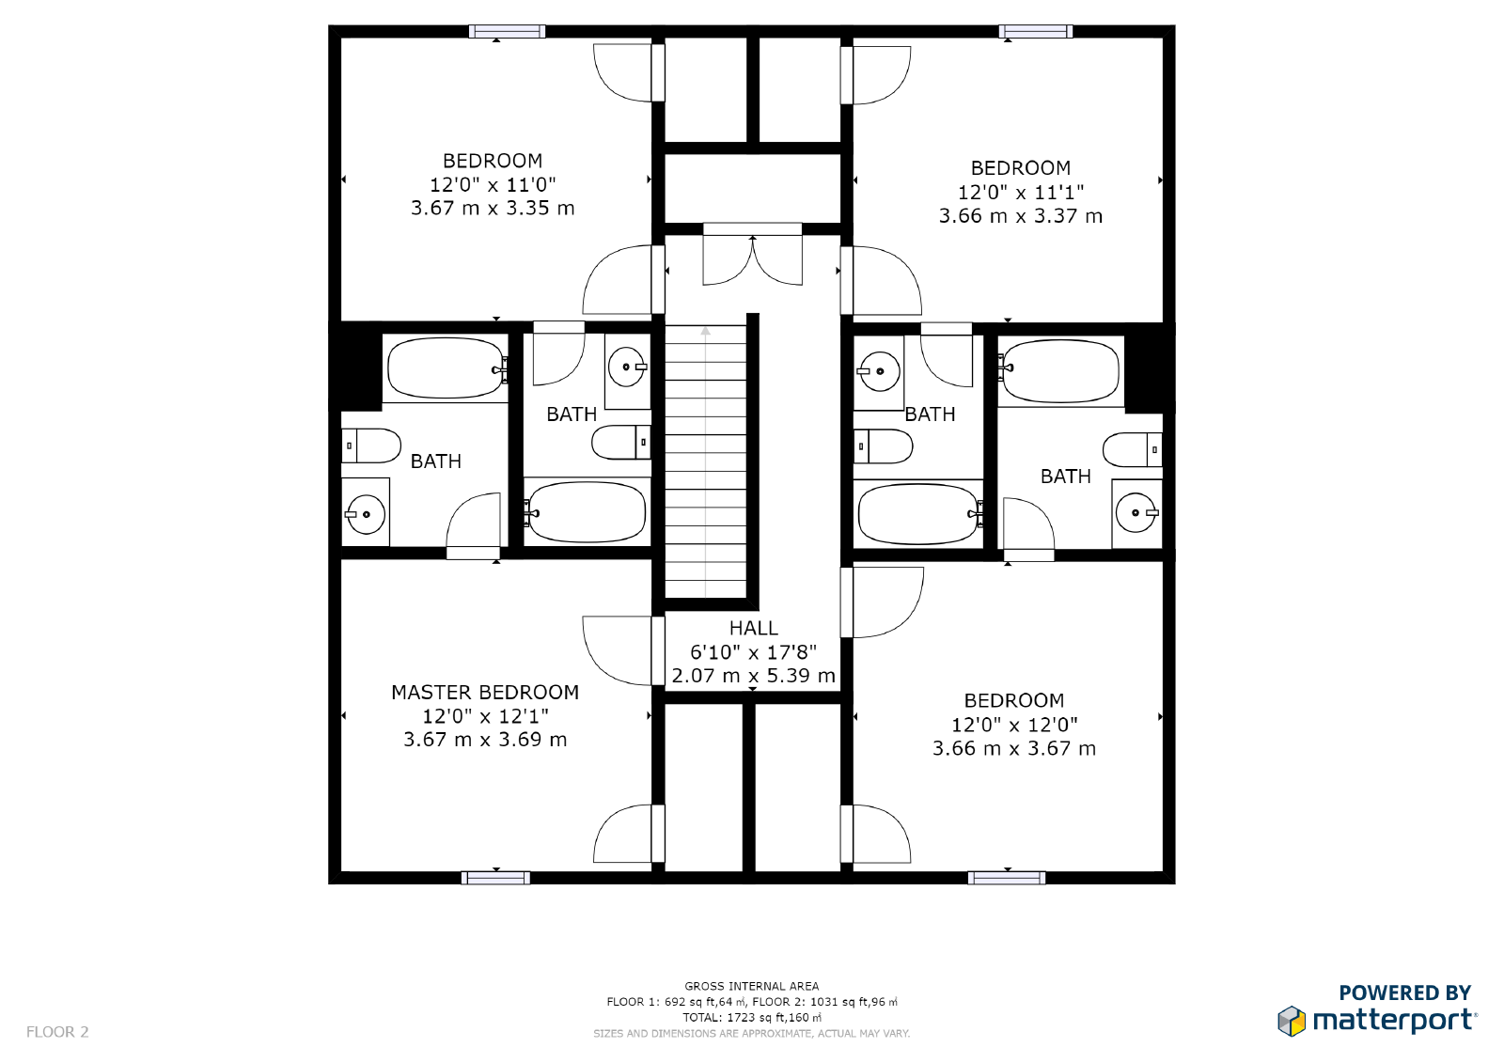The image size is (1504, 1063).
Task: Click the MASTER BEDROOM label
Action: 485,693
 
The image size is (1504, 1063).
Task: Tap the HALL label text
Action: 753,628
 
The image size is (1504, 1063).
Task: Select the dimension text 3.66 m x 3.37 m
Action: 1020,216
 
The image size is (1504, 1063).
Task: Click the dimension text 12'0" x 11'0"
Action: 493,185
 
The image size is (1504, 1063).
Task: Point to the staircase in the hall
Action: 706,461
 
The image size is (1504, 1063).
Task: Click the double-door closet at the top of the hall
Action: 753,257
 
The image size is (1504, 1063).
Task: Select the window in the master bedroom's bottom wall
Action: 495,878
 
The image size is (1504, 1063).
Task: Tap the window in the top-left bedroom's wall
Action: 507,32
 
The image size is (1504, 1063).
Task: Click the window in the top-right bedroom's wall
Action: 1035,32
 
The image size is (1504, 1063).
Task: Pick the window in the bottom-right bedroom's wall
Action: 1007,878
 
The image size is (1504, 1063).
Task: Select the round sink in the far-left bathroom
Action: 366,514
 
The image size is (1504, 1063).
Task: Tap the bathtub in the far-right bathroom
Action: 1060,370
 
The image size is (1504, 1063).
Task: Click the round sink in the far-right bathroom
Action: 1136,513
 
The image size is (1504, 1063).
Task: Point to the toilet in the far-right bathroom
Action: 1133,450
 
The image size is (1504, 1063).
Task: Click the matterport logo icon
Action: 1292,1021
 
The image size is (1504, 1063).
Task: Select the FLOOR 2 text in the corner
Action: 57,1032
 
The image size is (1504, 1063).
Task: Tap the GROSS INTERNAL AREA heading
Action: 751,986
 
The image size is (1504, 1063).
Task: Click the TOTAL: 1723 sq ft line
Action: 751,1017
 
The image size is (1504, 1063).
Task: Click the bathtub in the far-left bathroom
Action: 446,368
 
